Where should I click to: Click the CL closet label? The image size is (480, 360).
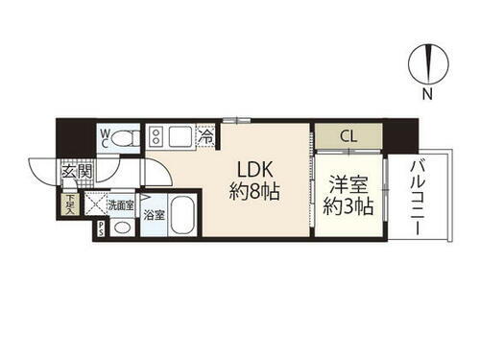coord(348,136)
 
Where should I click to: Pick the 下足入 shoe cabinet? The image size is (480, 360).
coord(70,203)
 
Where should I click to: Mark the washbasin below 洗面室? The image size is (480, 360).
coord(121,228)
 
